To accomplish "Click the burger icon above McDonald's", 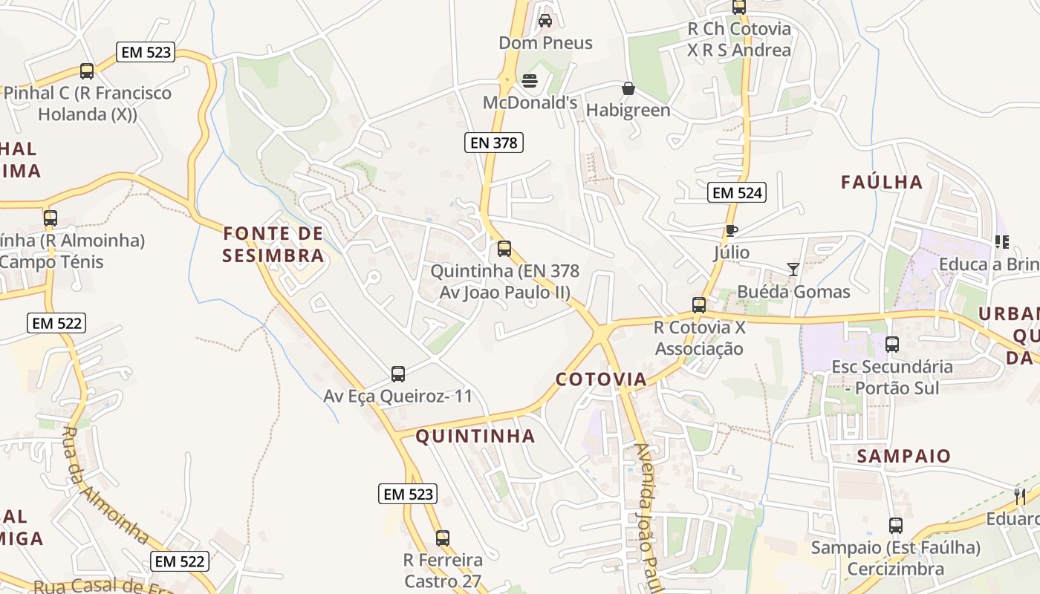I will [x=530, y=80].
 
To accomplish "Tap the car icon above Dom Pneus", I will [x=545, y=21].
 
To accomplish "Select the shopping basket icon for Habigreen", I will [x=628, y=89].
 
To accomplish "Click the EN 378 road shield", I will [x=494, y=143].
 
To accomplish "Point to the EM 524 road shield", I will [x=737, y=193].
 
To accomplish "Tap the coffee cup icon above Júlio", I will [x=732, y=231].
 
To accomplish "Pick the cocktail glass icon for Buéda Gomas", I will [x=793, y=269].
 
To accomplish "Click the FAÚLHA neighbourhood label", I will [x=882, y=182].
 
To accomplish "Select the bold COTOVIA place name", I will [x=602, y=379].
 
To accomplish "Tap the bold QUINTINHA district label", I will [x=475, y=436].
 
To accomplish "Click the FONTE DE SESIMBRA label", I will [x=274, y=245].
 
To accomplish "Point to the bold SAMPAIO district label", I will [x=904, y=456].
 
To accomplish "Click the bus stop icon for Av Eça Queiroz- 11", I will [x=398, y=373].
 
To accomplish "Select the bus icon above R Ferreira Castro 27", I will [x=443, y=538].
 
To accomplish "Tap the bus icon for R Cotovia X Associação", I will [x=699, y=304].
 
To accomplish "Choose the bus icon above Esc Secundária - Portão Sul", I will [x=892, y=345].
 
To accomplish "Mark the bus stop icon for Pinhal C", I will [x=87, y=71].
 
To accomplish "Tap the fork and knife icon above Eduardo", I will [x=1020, y=496].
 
